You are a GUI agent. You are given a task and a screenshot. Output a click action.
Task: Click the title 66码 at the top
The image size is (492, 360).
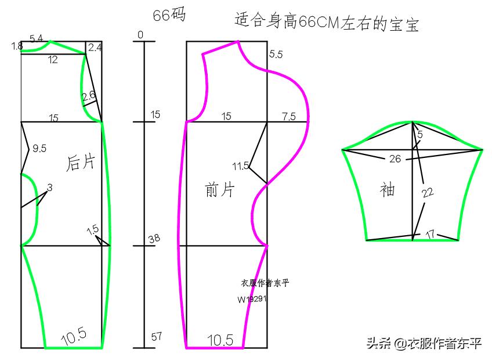[x=169, y=16]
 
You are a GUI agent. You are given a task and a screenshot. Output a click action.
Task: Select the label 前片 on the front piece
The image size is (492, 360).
[x=219, y=189]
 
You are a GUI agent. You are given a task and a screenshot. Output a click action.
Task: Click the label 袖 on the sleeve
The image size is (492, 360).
[x=387, y=190]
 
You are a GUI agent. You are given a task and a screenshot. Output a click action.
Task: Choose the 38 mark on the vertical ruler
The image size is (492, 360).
[x=154, y=239]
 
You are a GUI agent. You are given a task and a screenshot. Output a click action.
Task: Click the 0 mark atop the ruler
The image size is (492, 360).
[x=140, y=35]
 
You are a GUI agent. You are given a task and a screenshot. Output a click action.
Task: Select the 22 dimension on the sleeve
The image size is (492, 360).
[x=428, y=193]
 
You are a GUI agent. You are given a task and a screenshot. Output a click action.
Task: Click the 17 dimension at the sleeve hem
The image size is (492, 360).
[x=430, y=235]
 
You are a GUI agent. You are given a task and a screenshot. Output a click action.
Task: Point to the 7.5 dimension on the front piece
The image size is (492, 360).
[x=289, y=116]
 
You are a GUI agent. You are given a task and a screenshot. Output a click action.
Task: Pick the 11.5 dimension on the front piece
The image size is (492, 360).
[x=240, y=166]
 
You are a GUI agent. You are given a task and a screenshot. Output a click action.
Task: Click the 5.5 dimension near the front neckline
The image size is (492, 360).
[x=276, y=55]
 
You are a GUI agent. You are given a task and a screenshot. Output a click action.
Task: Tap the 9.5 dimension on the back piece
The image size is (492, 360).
[x=39, y=149]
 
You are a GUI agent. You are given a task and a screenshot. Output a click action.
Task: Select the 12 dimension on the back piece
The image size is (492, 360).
[x=53, y=60]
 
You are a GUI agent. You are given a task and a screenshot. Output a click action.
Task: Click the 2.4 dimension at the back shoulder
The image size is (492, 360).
[x=95, y=48]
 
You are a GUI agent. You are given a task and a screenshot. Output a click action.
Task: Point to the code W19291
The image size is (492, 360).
[x=252, y=300]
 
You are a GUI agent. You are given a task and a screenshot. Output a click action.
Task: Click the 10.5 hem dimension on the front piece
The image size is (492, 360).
[x=220, y=340]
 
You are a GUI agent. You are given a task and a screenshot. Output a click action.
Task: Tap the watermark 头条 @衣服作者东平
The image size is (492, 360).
[x=423, y=343]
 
